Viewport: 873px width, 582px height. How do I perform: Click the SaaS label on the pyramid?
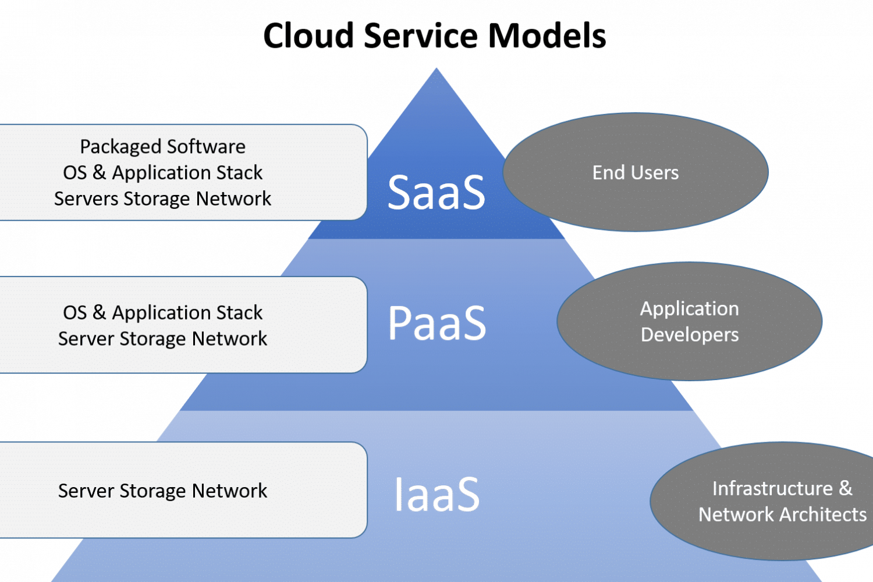(x=436, y=193)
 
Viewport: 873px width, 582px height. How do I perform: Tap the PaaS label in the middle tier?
(x=436, y=323)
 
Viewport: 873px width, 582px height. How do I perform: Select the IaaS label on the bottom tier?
(x=436, y=495)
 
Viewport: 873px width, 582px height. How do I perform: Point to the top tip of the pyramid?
(x=436, y=69)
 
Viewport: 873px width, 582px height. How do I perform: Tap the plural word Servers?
(x=86, y=199)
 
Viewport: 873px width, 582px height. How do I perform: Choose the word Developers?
(x=690, y=335)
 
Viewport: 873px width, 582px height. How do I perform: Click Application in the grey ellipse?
(x=690, y=309)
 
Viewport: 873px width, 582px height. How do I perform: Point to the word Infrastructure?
(x=772, y=488)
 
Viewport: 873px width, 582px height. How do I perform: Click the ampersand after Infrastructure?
(x=845, y=488)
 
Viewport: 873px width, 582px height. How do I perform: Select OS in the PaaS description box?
(x=74, y=313)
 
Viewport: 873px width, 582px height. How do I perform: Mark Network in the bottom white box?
(x=229, y=491)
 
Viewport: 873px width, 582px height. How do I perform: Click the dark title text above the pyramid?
(x=436, y=36)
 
